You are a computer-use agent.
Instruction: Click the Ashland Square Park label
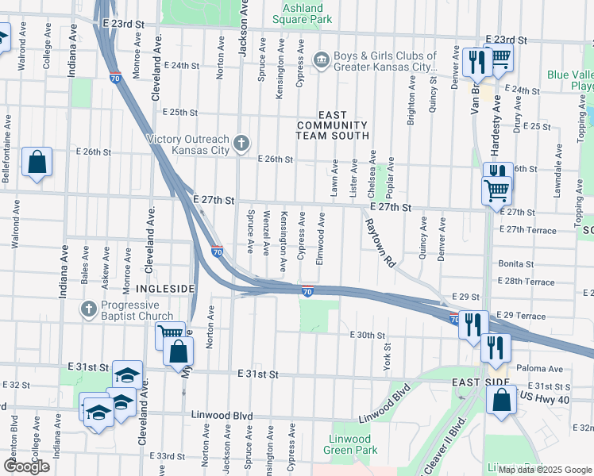302,13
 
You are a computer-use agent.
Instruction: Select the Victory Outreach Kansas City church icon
242,144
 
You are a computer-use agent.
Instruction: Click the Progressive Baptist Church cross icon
90,308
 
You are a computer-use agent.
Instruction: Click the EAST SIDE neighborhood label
479,382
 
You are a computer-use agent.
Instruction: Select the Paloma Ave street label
539,369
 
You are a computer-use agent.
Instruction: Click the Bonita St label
515,263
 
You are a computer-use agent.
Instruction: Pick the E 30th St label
368,336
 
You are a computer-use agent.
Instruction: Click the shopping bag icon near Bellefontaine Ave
37,162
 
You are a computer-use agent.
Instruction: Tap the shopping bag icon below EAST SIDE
502,401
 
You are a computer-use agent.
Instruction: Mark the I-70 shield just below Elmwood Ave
307,291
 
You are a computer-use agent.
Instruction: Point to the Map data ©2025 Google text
543,470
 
